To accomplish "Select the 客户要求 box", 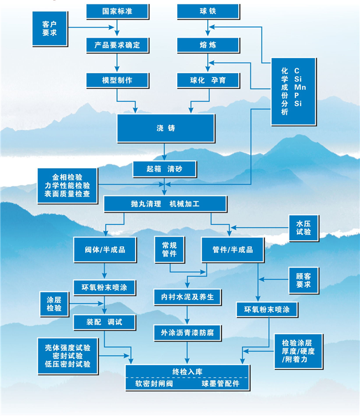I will tap(49, 30).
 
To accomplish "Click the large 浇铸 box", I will tap(165, 128).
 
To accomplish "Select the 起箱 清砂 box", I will tap(165, 169).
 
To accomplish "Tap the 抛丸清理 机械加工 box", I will tap(165, 204).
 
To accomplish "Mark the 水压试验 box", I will tap(304, 227).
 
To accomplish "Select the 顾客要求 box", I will tap(304, 280).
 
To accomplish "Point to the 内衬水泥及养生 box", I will tap(187, 297).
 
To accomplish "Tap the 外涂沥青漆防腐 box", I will tap(187, 332).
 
